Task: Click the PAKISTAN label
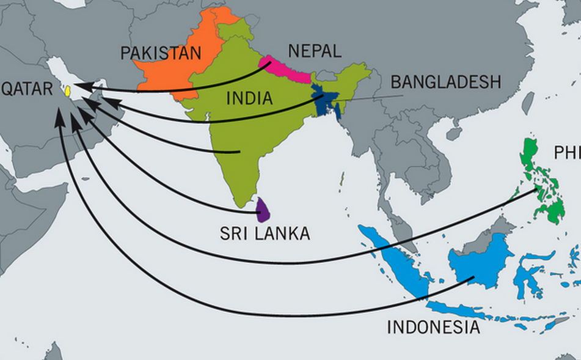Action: [x=161, y=53]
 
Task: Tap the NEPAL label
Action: [x=314, y=51]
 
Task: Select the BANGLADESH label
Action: [x=445, y=82]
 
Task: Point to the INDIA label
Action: [x=249, y=98]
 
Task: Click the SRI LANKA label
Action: [x=266, y=233]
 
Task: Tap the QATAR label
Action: [x=27, y=89]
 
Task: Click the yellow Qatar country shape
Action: [x=68, y=91]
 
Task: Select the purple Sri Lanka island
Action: [x=264, y=210]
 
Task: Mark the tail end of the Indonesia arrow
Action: [x=473, y=279]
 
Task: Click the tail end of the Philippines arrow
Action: [x=537, y=190]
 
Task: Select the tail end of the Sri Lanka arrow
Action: [x=260, y=213]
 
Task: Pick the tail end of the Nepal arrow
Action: [x=270, y=62]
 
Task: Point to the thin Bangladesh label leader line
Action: [x=373, y=97]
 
